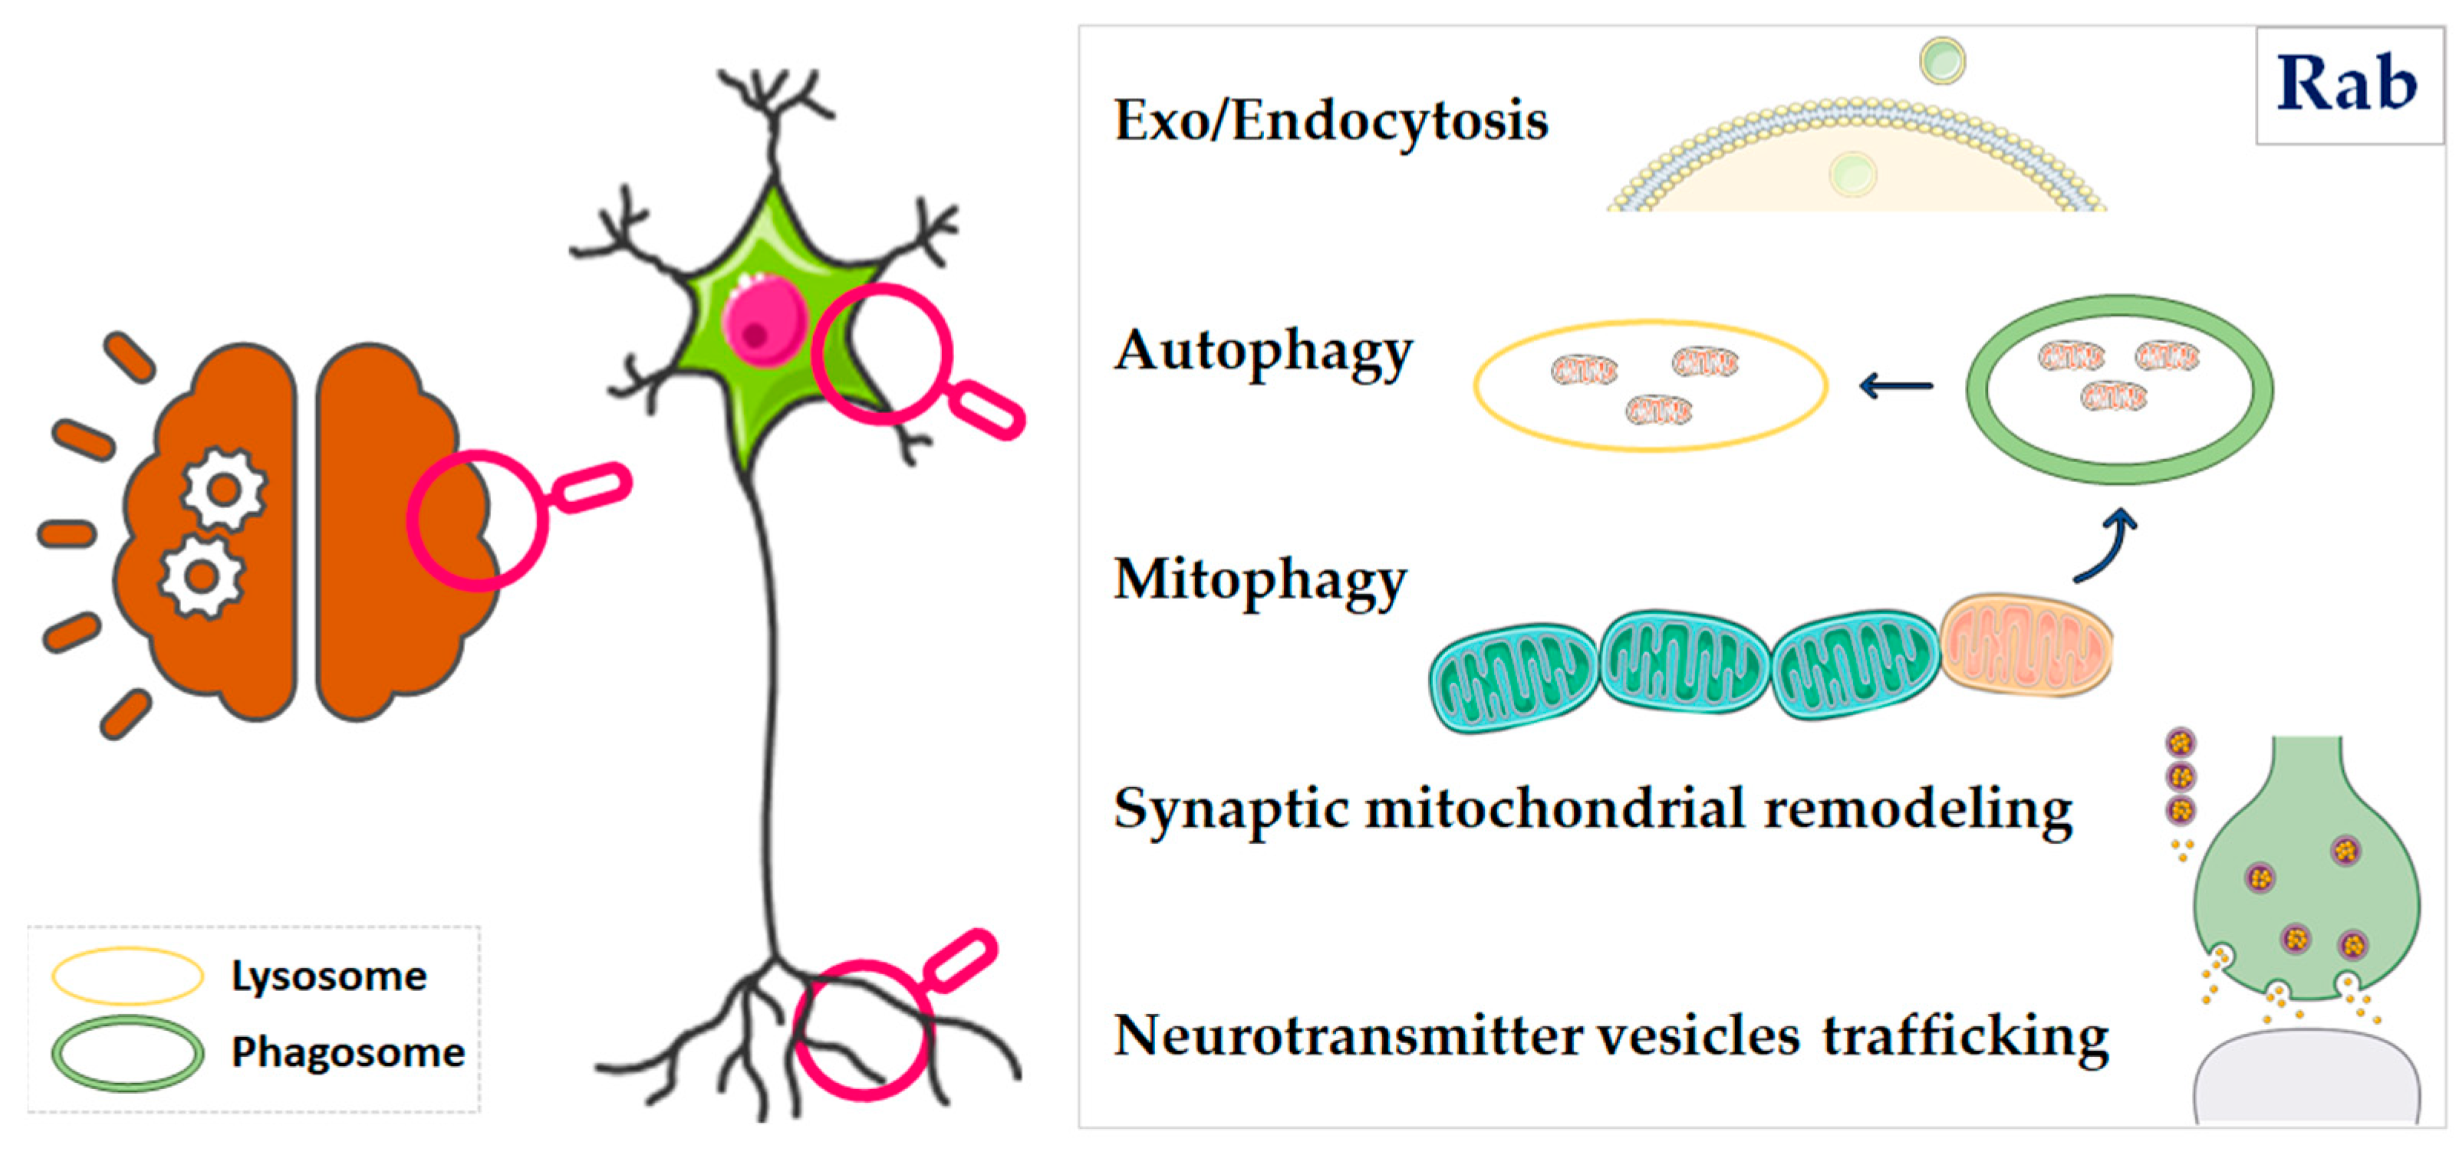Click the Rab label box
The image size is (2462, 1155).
pyautogui.click(x=2348, y=85)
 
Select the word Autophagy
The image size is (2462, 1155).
pyautogui.click(x=1262, y=352)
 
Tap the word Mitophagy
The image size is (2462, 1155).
pyautogui.click(x=1259, y=581)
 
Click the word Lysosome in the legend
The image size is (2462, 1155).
pyautogui.click(x=329, y=976)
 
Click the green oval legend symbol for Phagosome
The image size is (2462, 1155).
pyautogui.click(x=127, y=1053)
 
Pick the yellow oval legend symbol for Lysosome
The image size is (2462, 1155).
pyautogui.click(x=127, y=976)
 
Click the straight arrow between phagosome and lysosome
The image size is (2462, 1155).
pyautogui.click(x=1895, y=386)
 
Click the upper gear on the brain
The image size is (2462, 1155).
pyautogui.click(x=224, y=490)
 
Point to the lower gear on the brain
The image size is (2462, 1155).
pyautogui.click(x=201, y=576)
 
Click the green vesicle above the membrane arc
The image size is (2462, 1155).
pyautogui.click(x=1942, y=61)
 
